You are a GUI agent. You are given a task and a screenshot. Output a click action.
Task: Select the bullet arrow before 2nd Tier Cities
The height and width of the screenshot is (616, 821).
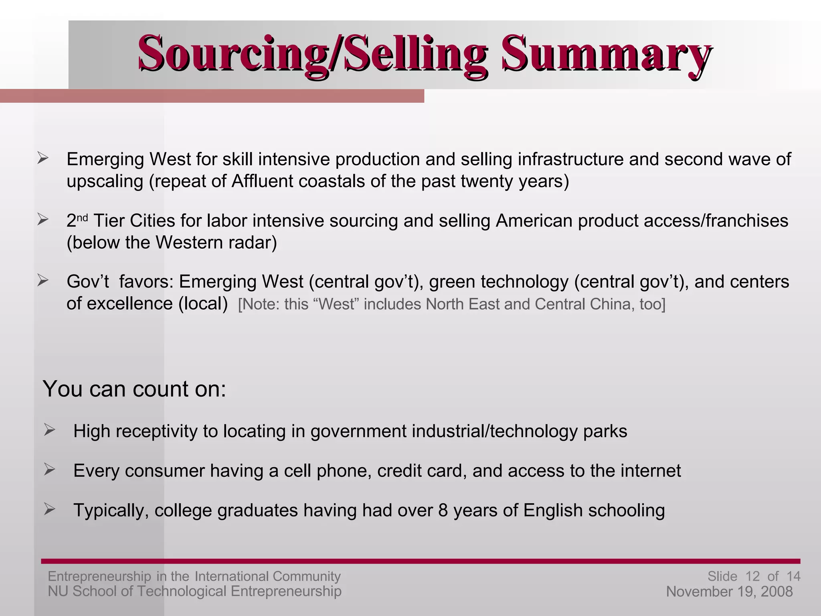click(x=42, y=219)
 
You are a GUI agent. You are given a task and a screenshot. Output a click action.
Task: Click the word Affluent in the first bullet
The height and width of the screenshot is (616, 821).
click(x=262, y=181)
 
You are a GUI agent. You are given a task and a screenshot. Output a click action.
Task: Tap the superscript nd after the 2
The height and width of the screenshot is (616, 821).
click(x=82, y=218)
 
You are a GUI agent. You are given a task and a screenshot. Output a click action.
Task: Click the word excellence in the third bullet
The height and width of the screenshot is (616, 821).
click(x=130, y=304)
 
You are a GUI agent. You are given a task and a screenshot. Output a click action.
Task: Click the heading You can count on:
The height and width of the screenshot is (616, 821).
click(x=134, y=389)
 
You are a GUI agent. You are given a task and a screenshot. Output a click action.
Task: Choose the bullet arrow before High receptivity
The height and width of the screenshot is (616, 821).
click(x=49, y=430)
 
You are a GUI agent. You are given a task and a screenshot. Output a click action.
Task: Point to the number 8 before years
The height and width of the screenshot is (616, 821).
click(x=443, y=511)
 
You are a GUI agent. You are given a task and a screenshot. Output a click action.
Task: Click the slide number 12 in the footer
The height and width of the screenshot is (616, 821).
click(x=752, y=576)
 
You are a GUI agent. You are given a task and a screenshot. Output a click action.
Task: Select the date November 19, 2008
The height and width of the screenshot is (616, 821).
click(x=729, y=592)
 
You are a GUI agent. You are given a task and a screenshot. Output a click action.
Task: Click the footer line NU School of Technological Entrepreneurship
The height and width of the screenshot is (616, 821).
click(x=194, y=591)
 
